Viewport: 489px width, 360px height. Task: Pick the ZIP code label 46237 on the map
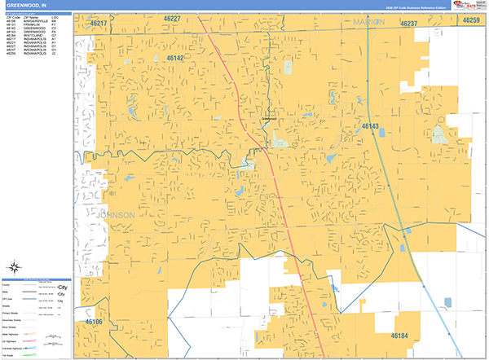[x=408, y=24]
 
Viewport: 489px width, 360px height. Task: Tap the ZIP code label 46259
[x=471, y=20]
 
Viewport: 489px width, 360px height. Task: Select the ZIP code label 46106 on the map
[x=94, y=323]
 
